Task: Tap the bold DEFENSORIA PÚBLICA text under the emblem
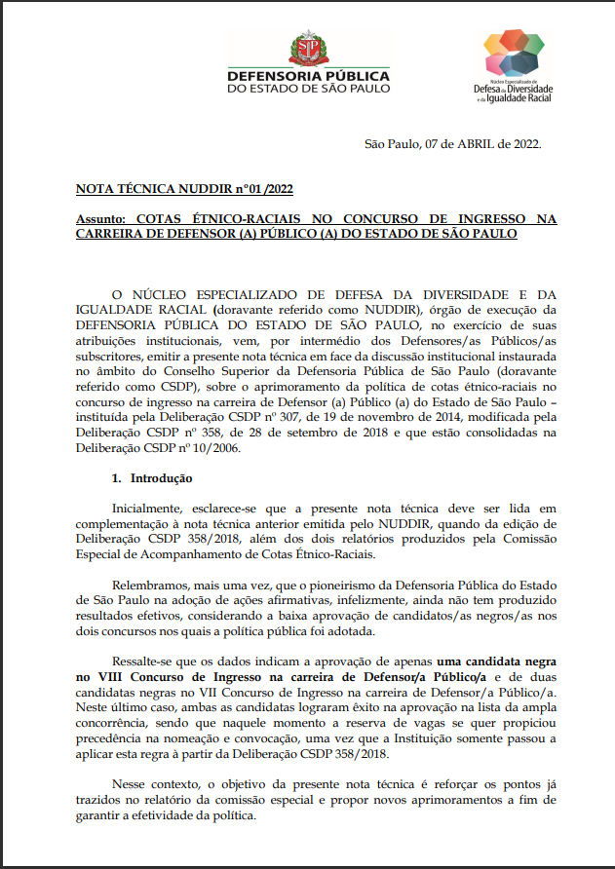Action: [x=308, y=76]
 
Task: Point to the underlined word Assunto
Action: [x=100, y=220]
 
